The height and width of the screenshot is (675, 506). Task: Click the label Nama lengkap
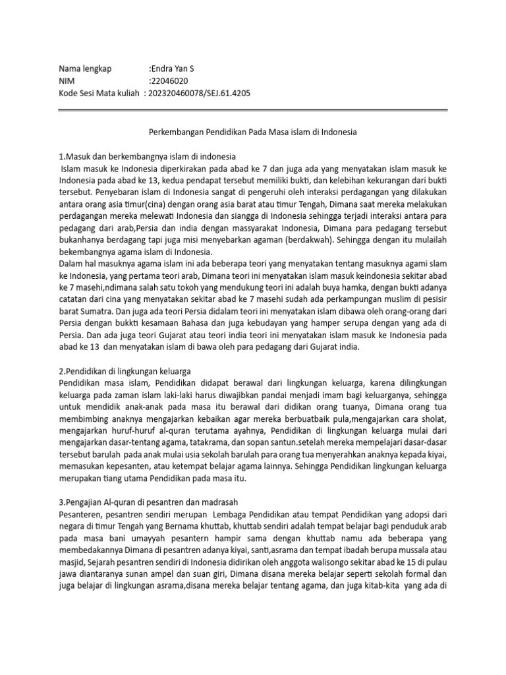86,69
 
